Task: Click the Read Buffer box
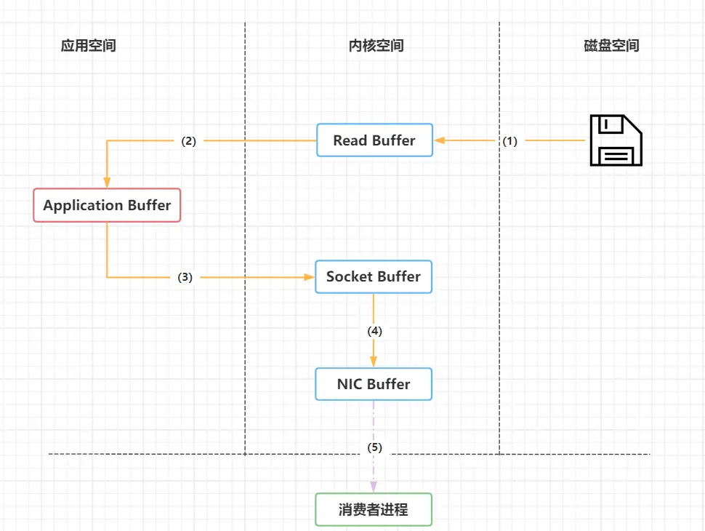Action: pyautogui.click(x=374, y=140)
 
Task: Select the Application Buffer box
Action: pyautogui.click(x=107, y=205)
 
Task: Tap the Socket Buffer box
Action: pyautogui.click(x=374, y=277)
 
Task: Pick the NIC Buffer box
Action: pyautogui.click(x=374, y=384)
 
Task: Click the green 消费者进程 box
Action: pyautogui.click(x=374, y=509)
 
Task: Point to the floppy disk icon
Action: pyautogui.click(x=615, y=140)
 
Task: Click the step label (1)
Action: pyautogui.click(x=510, y=141)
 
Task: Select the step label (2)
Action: pyautogui.click(x=189, y=141)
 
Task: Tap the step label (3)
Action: pyautogui.click(x=185, y=277)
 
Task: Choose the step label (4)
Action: pyautogui.click(x=374, y=330)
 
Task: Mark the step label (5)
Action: pyautogui.click(x=374, y=447)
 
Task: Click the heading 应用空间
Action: pyautogui.click(x=89, y=46)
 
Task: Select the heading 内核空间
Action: pyautogui.click(x=376, y=46)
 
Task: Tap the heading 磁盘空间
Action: pyautogui.click(x=612, y=46)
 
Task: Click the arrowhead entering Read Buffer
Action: pyautogui.click(x=440, y=140)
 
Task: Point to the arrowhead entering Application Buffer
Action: pyautogui.click(x=107, y=183)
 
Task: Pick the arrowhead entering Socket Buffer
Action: pyautogui.click(x=309, y=277)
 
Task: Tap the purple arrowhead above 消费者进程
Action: pyautogui.click(x=374, y=486)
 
